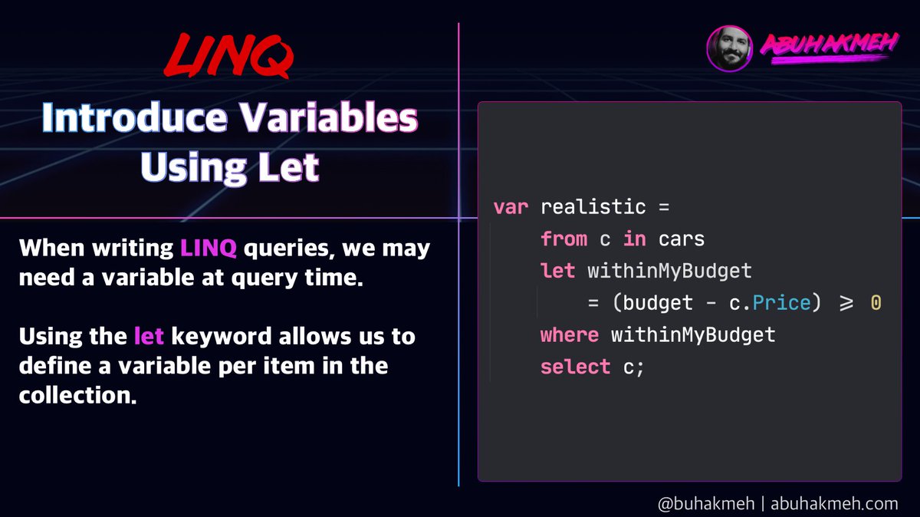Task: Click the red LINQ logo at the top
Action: pyautogui.click(x=228, y=55)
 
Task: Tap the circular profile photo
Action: pyautogui.click(x=730, y=48)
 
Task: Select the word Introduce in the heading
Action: pyautogui.click(x=135, y=118)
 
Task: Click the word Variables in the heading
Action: pyautogui.click(x=329, y=118)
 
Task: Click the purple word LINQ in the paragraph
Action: pyautogui.click(x=209, y=249)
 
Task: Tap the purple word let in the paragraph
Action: pyautogui.click(x=149, y=336)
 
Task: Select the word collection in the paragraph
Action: pyautogui.click(x=77, y=395)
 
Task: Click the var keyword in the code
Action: pyautogui.click(x=511, y=207)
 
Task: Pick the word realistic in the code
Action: pyautogui.click(x=593, y=206)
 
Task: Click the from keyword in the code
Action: pyautogui.click(x=564, y=239)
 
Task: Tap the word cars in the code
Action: pyautogui.click(x=682, y=239)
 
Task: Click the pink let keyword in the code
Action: pyautogui.click(x=557, y=271)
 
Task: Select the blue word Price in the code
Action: pyautogui.click(x=781, y=303)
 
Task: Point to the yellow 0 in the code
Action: pyautogui.click(x=876, y=303)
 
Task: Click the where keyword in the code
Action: pyautogui.click(x=570, y=335)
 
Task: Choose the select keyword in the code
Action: pyautogui.click(x=576, y=367)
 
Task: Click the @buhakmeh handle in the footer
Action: pyautogui.click(x=706, y=503)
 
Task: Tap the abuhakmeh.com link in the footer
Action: pyautogui.click(x=834, y=503)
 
